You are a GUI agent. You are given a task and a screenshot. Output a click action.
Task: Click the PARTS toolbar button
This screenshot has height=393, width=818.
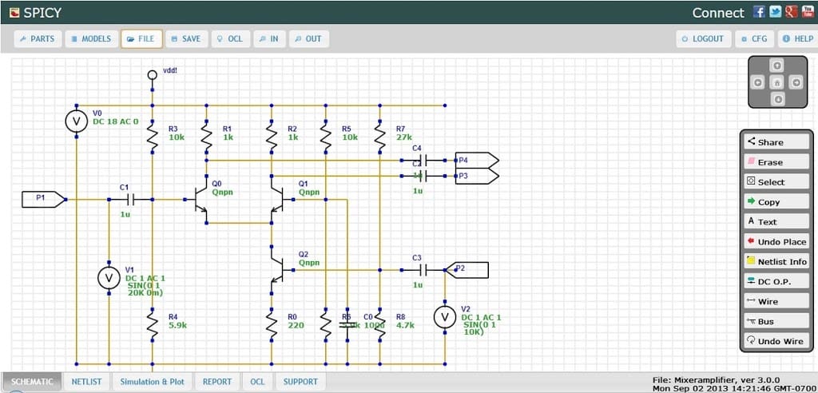tap(38, 38)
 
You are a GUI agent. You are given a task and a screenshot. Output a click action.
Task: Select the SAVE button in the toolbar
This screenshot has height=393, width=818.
tap(185, 38)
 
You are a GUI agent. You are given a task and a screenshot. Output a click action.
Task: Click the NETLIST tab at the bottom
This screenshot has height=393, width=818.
tap(86, 382)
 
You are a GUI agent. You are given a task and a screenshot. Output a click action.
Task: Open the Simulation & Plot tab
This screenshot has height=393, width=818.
tap(152, 382)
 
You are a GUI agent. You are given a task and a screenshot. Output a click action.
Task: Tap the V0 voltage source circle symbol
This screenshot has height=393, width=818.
tap(76, 121)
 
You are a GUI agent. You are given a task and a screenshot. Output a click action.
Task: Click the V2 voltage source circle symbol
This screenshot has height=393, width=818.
tap(444, 317)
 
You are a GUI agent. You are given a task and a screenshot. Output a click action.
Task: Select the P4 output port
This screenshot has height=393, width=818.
tap(476, 160)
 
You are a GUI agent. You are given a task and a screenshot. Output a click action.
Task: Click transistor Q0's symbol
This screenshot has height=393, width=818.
tap(200, 200)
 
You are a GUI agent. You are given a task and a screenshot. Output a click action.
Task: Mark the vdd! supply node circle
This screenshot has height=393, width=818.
tap(152, 74)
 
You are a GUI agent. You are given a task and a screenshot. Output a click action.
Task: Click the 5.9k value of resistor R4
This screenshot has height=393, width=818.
tap(177, 325)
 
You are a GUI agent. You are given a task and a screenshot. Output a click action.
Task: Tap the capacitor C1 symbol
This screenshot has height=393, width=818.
tap(125, 200)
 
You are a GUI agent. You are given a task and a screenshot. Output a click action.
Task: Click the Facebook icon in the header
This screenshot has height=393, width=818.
tap(759, 12)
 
